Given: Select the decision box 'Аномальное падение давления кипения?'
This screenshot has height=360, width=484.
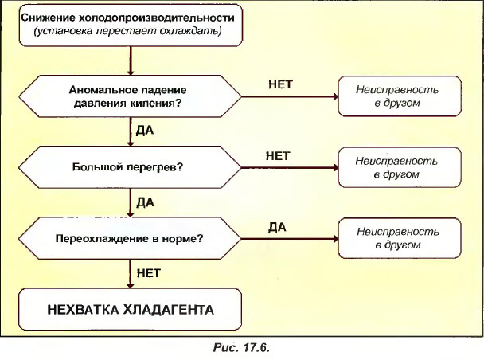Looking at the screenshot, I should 129,96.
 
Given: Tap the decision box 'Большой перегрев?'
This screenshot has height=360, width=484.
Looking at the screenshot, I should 129,167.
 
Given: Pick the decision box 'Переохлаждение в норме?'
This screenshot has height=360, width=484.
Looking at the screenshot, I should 129,238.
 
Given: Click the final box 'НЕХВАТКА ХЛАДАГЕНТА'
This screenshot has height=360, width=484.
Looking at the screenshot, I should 129,307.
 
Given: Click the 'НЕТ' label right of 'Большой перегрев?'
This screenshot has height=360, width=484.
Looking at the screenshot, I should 278,155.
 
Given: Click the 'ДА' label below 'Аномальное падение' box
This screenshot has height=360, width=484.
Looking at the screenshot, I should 145,131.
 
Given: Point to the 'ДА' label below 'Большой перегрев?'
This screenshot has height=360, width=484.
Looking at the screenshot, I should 145,202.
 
